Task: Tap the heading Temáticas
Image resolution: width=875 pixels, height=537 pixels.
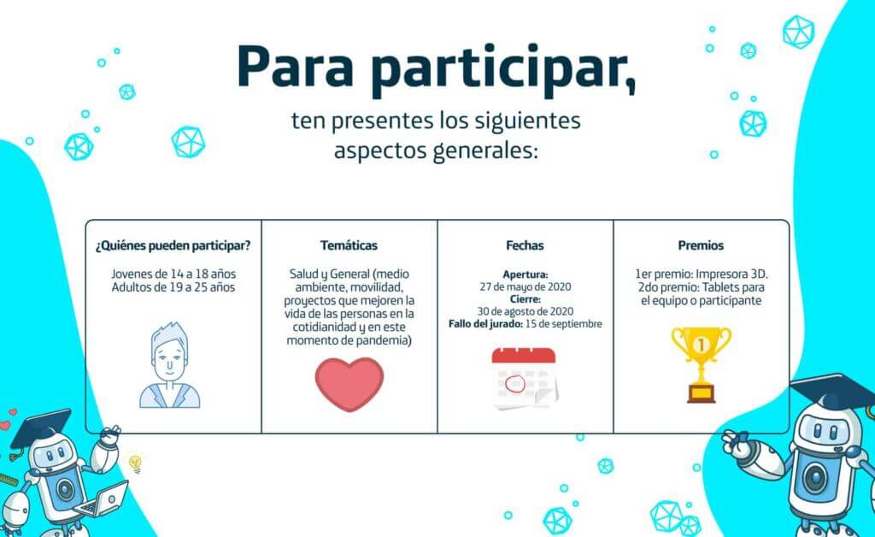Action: [x=349, y=245]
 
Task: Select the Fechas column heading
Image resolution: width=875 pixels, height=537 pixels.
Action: [x=525, y=245]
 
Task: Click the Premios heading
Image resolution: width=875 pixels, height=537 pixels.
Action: [x=701, y=245]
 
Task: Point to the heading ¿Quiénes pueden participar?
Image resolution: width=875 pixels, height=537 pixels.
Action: [x=173, y=245]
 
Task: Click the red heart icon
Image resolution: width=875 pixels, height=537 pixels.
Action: [x=349, y=384]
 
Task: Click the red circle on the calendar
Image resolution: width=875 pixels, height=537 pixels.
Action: [x=514, y=383]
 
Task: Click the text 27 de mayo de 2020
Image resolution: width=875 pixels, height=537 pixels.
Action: [x=526, y=287]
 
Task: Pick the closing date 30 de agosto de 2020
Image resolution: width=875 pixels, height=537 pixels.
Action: [x=526, y=311]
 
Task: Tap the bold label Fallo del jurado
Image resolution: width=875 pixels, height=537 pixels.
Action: [x=485, y=324]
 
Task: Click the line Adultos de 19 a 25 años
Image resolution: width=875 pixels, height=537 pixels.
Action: [x=173, y=287]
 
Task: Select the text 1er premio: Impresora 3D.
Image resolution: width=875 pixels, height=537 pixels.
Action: [x=701, y=274]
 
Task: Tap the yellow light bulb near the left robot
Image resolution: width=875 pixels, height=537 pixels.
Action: [x=135, y=463]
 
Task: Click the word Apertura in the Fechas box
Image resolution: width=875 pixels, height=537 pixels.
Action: [x=526, y=274]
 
